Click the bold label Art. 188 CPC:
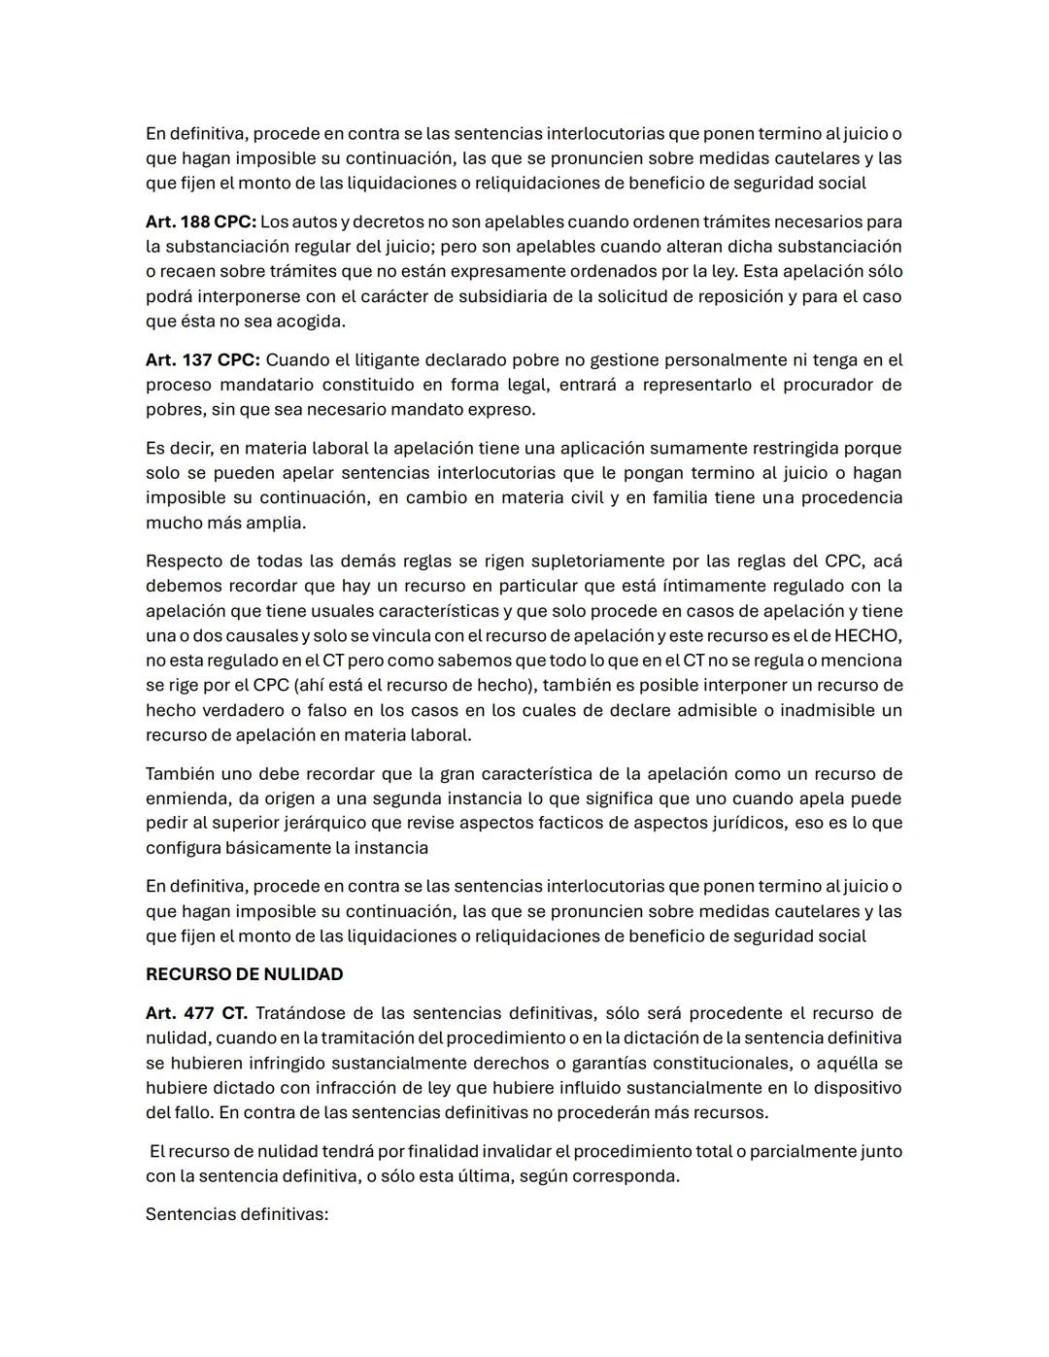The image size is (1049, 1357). point(200,221)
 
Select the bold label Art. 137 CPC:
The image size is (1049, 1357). point(202,359)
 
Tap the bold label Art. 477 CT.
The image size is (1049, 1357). point(196,1013)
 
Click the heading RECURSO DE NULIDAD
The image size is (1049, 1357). point(244,974)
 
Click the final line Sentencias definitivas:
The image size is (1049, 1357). point(237,1214)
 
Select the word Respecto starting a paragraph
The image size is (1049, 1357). point(184,561)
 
